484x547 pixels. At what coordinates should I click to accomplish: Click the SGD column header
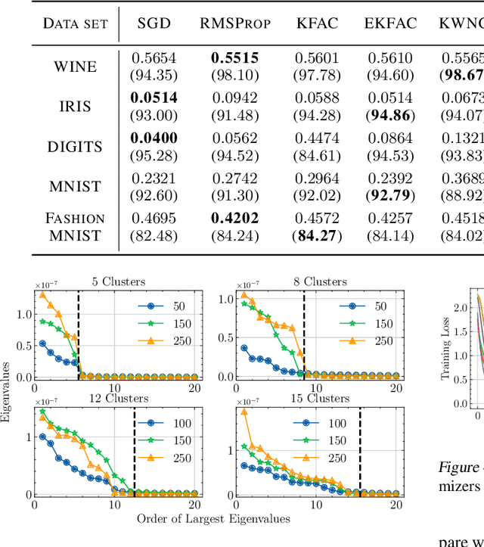pos(154,22)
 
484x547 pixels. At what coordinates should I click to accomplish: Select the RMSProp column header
pos(235,22)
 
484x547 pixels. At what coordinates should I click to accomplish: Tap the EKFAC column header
pos(389,22)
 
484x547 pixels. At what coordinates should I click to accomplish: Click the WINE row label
pos(75,66)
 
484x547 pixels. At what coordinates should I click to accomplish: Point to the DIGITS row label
pos(75,146)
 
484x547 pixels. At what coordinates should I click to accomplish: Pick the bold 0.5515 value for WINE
pos(235,58)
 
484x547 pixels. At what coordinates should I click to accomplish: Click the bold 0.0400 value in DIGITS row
pos(154,138)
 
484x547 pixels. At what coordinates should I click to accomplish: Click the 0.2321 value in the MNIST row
pos(154,179)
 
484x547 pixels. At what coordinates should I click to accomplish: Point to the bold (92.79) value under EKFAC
pos(389,194)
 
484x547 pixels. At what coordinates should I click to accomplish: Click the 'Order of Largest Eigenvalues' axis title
pos(213,519)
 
